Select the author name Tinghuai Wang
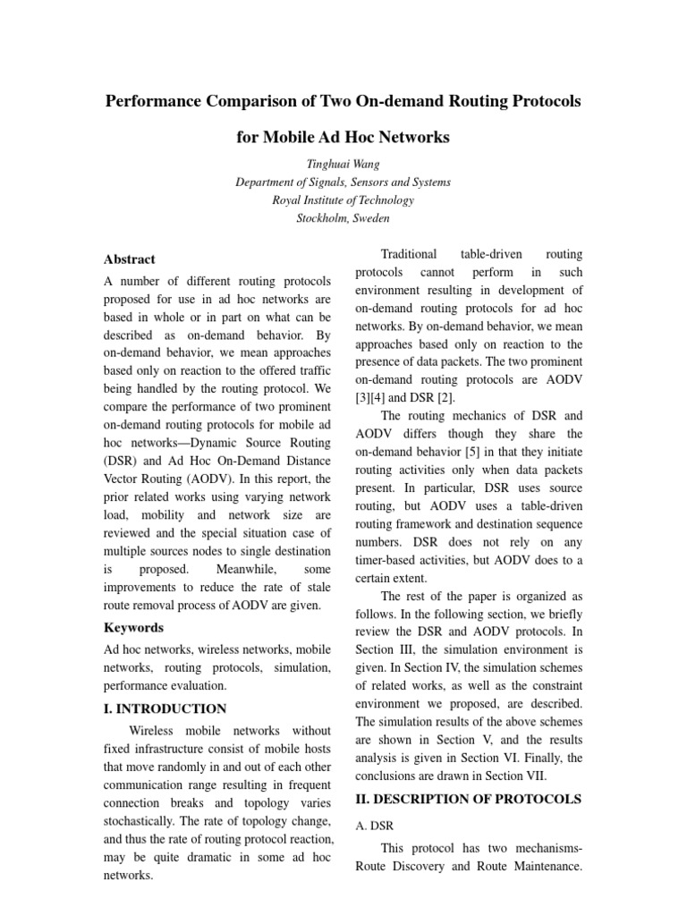343,164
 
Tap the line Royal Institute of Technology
343,199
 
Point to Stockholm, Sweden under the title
343,217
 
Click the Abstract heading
130,259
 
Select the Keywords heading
134,627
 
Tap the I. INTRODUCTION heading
165,708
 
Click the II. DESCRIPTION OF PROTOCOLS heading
469,798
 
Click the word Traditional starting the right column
410,254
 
